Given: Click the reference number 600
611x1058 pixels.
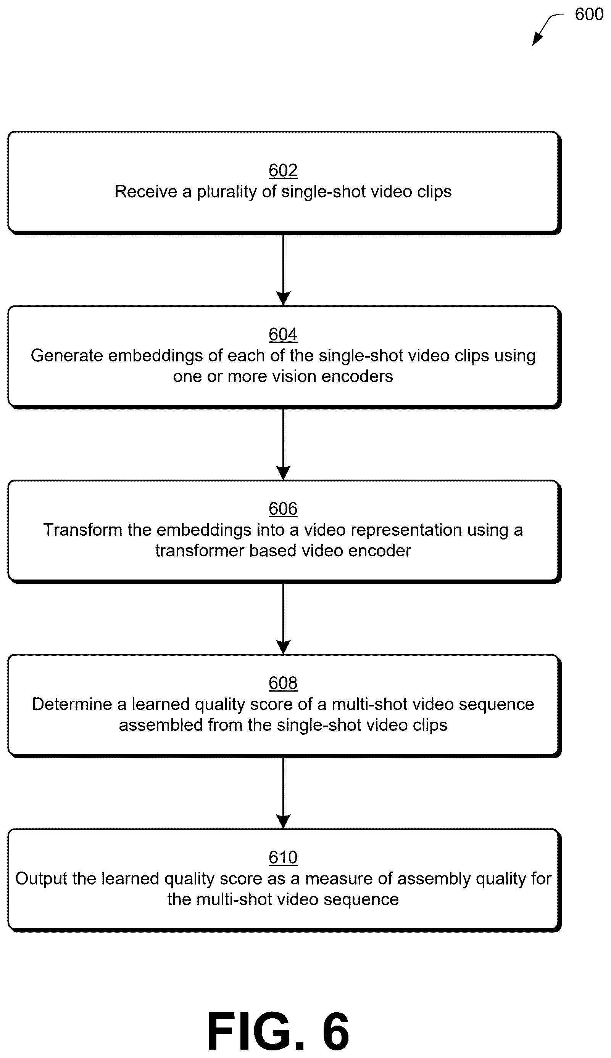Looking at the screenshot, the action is click(x=589, y=14).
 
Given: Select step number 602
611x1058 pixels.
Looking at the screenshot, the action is click(x=283, y=170).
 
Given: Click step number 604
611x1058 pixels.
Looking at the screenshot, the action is click(x=283, y=334).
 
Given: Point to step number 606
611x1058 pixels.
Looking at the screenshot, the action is click(x=283, y=509).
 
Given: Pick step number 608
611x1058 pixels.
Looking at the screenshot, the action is click(x=283, y=683).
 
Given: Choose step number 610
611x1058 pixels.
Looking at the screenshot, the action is click(x=283, y=857).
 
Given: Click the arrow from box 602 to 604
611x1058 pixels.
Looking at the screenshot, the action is click(x=283, y=270).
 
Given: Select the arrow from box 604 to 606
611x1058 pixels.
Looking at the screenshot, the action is click(x=283, y=444).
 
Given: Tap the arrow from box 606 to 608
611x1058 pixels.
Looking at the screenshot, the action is click(x=283, y=619).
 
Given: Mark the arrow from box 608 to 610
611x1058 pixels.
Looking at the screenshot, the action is click(x=283, y=793).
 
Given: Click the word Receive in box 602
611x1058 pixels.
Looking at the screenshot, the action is click(x=146, y=191).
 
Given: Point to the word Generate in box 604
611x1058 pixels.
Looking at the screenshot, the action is click(x=67, y=355).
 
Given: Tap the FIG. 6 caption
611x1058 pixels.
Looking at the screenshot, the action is click(x=278, y=1030).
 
